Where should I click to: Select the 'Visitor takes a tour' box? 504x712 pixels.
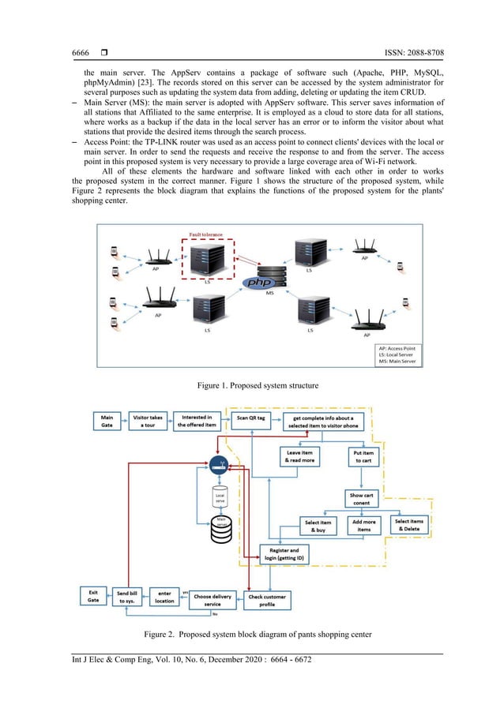click(147, 421)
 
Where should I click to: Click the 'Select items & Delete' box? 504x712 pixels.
click(410, 525)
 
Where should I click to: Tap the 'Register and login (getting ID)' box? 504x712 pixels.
click(284, 553)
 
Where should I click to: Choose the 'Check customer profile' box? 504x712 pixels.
click(269, 600)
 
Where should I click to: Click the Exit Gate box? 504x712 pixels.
click(92, 598)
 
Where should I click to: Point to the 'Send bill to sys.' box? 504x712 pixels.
click(126, 598)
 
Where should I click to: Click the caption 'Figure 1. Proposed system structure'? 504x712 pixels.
click(252, 385)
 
